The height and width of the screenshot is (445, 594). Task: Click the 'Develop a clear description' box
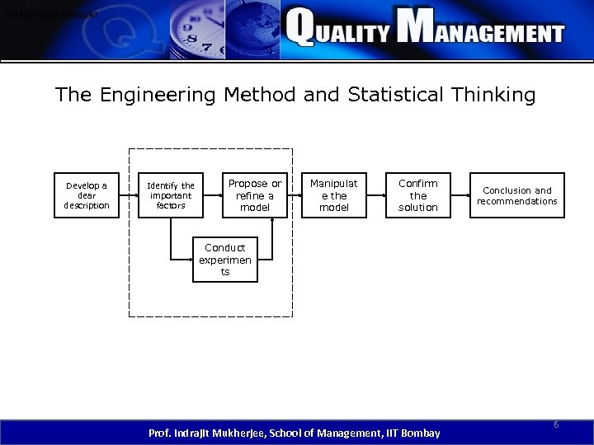click(x=87, y=195)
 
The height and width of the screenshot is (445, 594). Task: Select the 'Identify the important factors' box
click(x=170, y=195)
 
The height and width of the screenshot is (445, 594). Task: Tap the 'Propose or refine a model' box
click(x=254, y=195)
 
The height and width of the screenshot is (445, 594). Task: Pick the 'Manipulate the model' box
click(x=334, y=195)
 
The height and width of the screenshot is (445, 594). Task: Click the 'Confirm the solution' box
click(x=418, y=195)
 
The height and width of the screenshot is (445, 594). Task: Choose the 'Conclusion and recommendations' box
click(x=517, y=195)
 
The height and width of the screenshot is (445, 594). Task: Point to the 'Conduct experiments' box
click(x=224, y=260)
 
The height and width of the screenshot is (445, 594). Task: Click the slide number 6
click(x=556, y=424)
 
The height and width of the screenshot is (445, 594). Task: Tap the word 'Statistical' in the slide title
click(x=372, y=96)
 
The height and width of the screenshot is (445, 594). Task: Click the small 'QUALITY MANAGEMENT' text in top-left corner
click(x=49, y=16)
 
